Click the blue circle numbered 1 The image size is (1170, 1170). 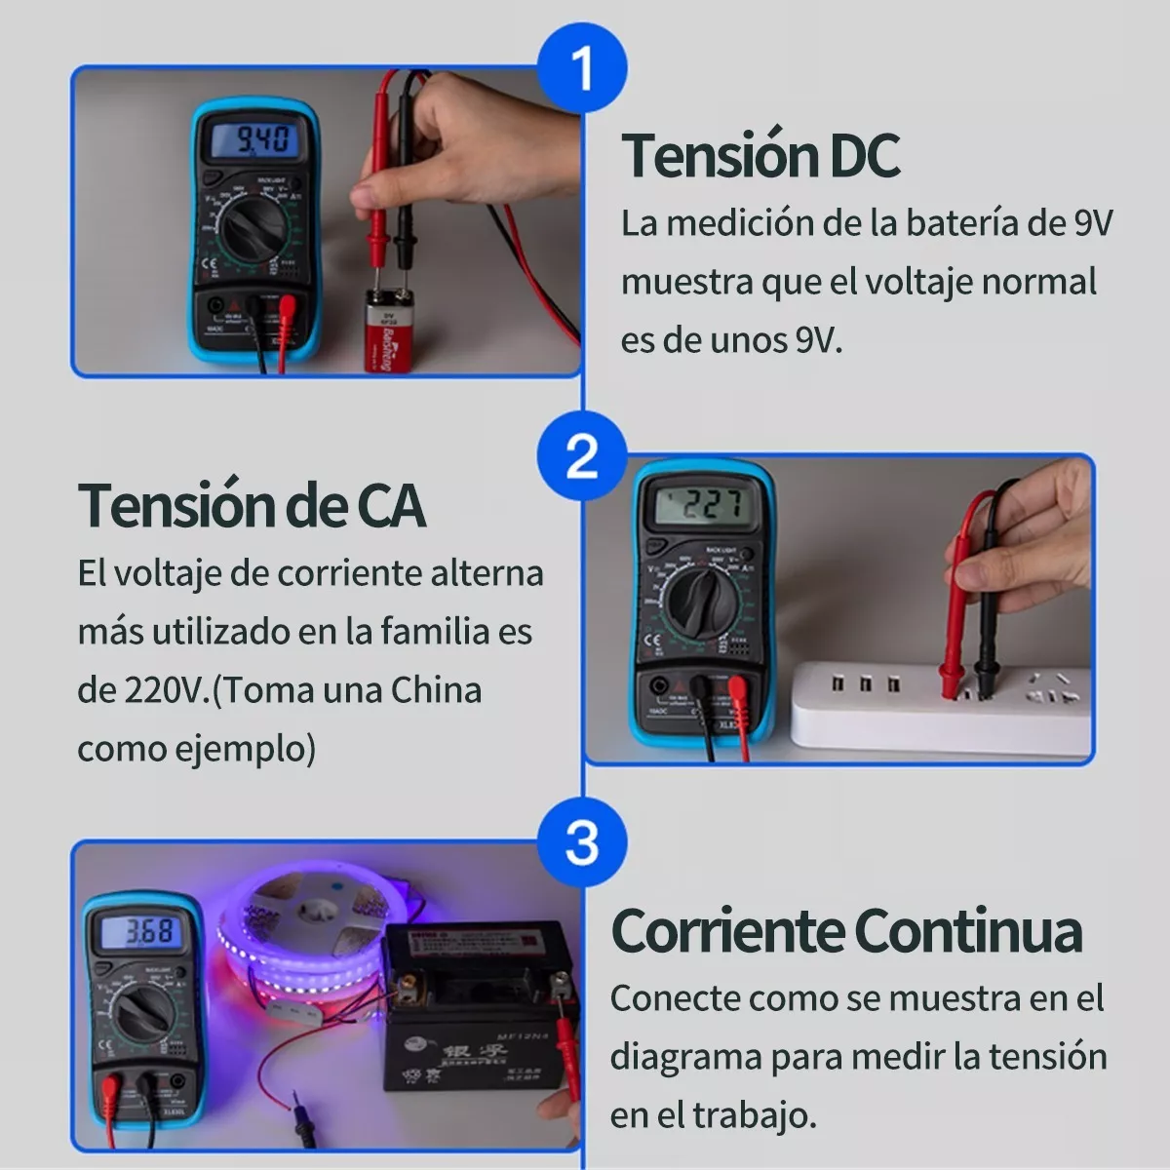(582, 68)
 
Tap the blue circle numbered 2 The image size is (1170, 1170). (582, 455)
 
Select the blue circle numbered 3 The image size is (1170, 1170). (582, 841)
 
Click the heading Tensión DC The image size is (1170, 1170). (760, 155)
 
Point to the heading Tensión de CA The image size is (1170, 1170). (252, 505)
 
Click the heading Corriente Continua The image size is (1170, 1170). (846, 930)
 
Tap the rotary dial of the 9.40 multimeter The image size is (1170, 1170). (252, 230)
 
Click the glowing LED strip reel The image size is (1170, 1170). (302, 936)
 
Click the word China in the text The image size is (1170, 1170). (436, 690)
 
